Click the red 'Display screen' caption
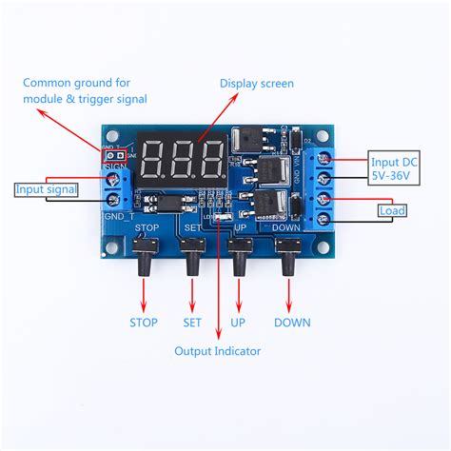(x=258, y=84)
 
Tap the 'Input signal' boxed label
(x=46, y=189)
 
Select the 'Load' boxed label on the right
(x=391, y=210)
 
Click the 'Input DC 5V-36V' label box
(x=393, y=168)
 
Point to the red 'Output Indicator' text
(x=217, y=351)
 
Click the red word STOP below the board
(x=144, y=323)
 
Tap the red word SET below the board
(x=193, y=323)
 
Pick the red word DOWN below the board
(x=292, y=323)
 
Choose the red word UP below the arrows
(x=238, y=323)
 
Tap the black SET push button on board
(x=193, y=255)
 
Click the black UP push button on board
(x=240, y=255)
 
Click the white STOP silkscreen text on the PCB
(x=147, y=229)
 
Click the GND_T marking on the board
(x=118, y=217)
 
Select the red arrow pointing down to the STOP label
(x=145, y=297)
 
